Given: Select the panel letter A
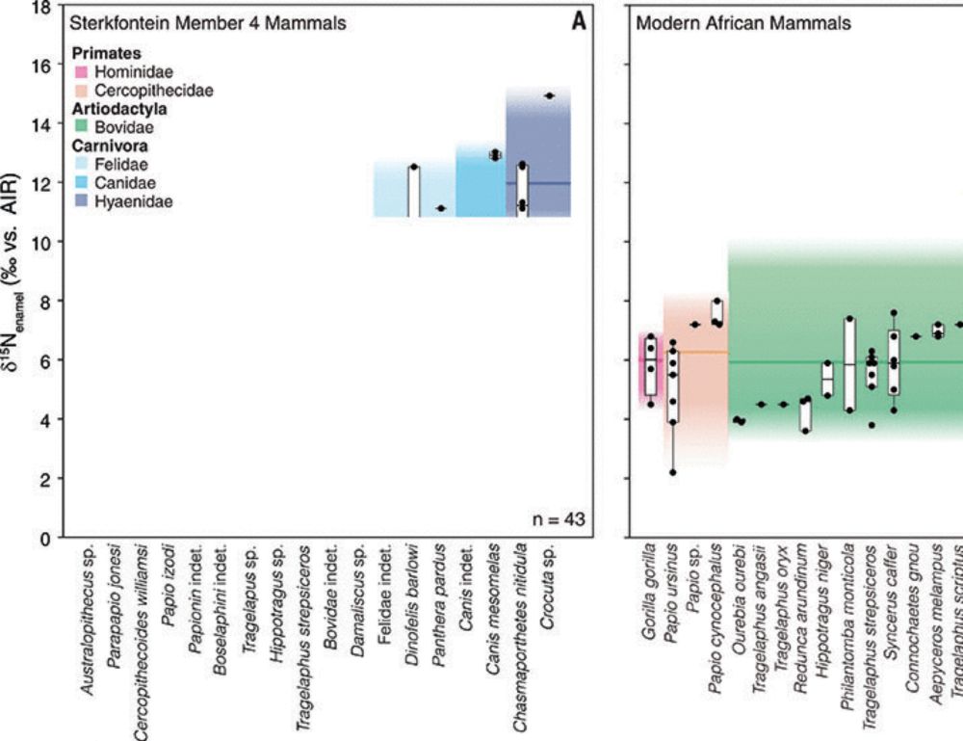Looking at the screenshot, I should (579, 22).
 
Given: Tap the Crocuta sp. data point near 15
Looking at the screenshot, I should (549, 95).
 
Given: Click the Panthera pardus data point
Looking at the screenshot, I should (440, 208).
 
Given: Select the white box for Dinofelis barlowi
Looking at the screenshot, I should (413, 191).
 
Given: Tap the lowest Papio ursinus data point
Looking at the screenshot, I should (673, 472).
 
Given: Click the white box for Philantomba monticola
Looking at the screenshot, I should (848, 363).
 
